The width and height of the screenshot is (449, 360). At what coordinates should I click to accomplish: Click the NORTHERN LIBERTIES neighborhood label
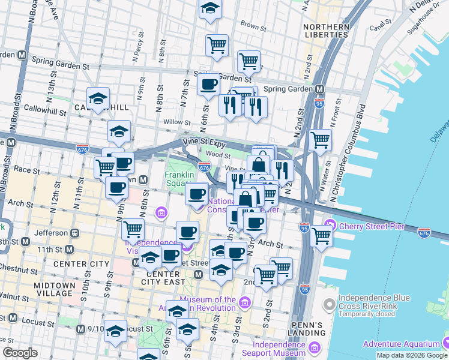(326, 31)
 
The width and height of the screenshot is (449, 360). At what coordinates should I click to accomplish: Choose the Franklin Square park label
(179, 179)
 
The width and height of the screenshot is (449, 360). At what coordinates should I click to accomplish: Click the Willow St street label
(177, 122)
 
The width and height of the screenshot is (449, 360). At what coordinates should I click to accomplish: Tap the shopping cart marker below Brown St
(217, 44)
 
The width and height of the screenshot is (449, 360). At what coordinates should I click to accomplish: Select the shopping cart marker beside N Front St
(321, 140)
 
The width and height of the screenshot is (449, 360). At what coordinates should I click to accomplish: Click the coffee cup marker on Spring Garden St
(208, 83)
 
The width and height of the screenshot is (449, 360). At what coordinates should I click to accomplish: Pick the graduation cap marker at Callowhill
(98, 98)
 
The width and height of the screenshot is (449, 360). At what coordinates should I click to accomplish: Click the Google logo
(20, 353)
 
